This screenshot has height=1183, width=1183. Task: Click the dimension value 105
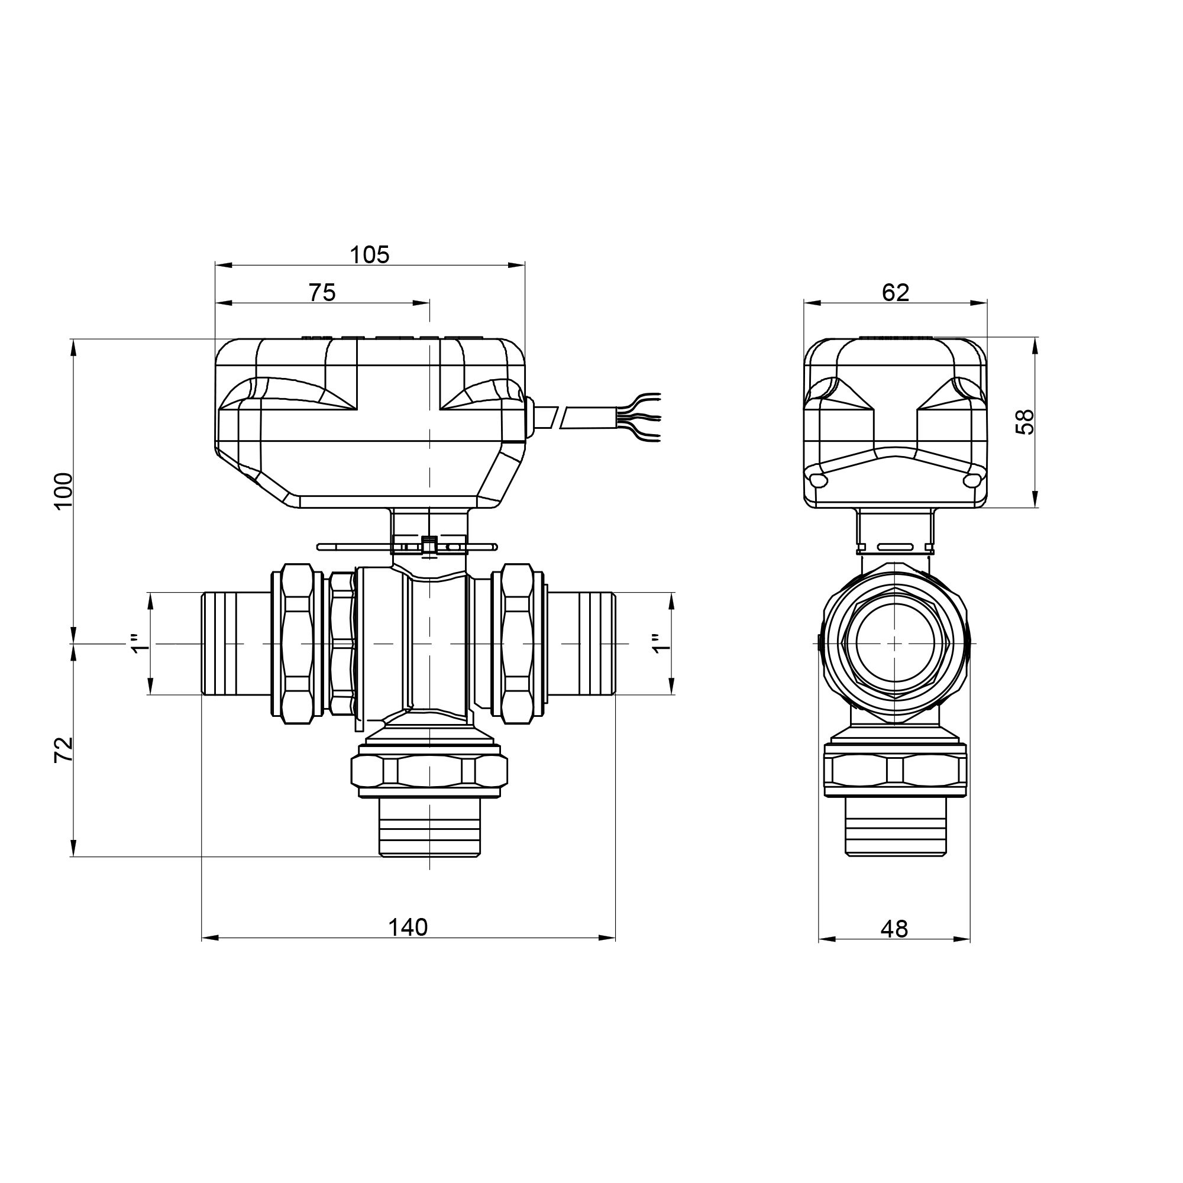[369, 255]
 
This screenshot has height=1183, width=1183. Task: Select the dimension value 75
[322, 293]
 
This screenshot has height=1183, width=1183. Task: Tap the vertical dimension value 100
[64, 490]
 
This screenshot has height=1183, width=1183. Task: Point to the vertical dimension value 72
[64, 749]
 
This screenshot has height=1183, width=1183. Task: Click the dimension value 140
[408, 927]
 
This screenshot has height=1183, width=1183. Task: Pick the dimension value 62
[895, 293]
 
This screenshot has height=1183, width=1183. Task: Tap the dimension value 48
[894, 929]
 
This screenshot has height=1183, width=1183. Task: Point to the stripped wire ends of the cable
[643, 417]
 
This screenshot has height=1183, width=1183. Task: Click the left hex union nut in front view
[298, 644]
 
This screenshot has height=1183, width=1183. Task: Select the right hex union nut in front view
[517, 644]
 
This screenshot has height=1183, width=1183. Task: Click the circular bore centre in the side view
[894, 644]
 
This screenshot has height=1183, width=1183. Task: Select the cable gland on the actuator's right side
[529, 418]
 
